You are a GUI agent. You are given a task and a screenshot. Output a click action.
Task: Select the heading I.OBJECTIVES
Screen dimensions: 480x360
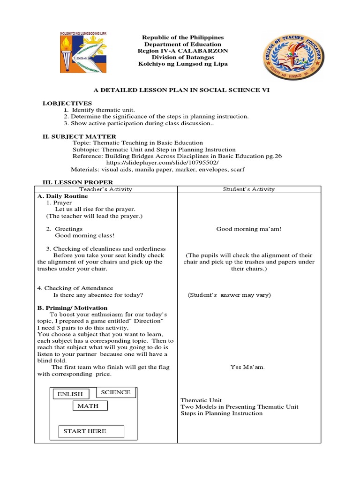(x=67, y=103)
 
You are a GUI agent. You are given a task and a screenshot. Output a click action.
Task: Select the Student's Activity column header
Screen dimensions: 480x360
(x=249, y=189)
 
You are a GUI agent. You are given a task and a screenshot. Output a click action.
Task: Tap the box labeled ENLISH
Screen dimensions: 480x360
(x=70, y=394)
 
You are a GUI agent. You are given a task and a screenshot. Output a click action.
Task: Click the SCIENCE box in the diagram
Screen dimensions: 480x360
(x=116, y=392)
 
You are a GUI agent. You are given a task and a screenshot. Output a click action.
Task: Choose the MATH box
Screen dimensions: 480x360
(x=88, y=406)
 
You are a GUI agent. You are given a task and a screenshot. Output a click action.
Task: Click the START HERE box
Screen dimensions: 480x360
(x=91, y=431)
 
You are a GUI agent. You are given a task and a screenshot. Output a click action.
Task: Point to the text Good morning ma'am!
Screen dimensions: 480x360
(x=249, y=229)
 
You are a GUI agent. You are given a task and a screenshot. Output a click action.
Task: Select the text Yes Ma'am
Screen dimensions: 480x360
(x=247, y=367)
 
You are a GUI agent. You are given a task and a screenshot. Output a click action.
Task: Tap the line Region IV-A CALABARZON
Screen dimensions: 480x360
(x=182, y=51)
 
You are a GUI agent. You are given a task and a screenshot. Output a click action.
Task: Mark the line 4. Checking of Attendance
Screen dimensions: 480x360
(x=75, y=288)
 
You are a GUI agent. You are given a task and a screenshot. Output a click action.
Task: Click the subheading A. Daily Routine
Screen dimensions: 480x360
(x=63, y=196)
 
